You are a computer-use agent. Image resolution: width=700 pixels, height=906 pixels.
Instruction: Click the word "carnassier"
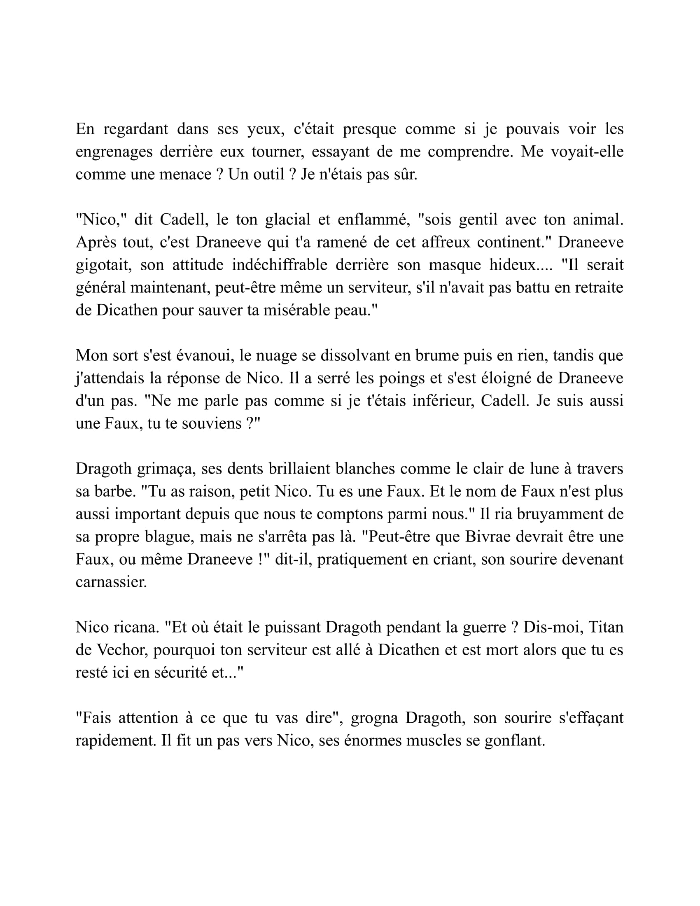coord(111,582)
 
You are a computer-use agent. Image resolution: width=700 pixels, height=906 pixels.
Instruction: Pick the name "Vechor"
coord(122,650)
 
